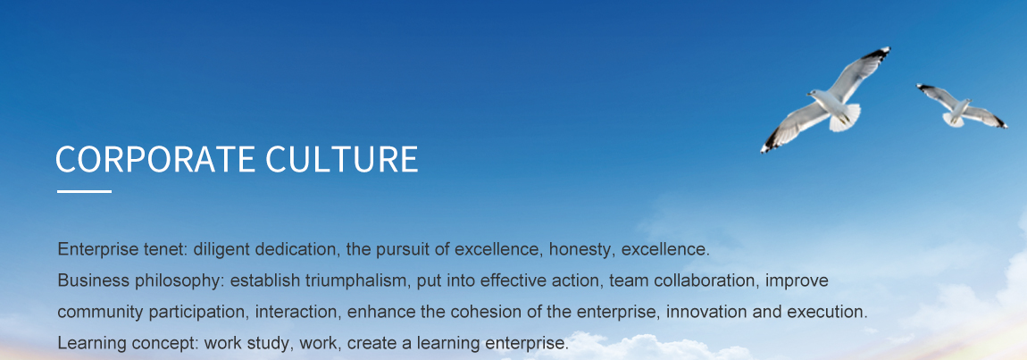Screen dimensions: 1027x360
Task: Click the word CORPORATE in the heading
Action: [155, 159]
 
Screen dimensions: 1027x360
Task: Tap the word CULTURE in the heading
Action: [342, 159]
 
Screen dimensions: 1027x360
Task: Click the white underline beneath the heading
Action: [85, 191]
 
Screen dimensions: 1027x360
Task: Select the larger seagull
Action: [825, 99]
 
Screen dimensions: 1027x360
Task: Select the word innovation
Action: [706, 312]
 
